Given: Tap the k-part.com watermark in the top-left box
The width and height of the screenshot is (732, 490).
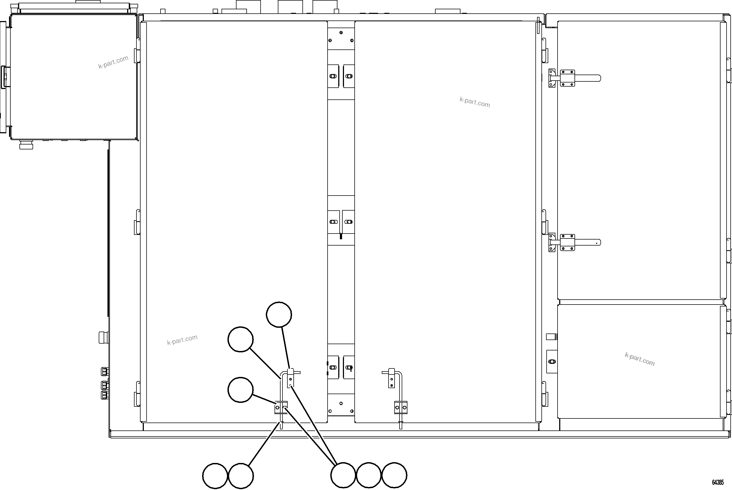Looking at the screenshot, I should click(x=113, y=62).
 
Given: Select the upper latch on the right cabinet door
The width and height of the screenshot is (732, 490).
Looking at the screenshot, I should click(x=575, y=78).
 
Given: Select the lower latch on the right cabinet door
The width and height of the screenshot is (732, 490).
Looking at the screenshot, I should click(x=575, y=242).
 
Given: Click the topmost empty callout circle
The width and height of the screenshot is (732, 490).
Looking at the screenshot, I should click(x=279, y=314).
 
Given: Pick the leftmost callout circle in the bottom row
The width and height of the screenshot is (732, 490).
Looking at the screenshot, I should click(x=215, y=476).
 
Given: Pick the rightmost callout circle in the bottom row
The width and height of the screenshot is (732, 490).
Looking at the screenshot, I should click(x=394, y=475).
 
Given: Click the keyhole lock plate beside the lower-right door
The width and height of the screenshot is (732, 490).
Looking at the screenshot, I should click(x=552, y=362).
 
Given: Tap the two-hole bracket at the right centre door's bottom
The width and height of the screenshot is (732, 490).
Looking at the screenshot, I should click(x=401, y=408).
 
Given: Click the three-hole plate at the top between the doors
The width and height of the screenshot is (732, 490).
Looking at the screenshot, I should click(x=341, y=39).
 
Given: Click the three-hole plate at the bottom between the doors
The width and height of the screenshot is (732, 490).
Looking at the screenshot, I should click(x=341, y=405).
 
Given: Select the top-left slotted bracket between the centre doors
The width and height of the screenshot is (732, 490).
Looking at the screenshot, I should click(x=334, y=76).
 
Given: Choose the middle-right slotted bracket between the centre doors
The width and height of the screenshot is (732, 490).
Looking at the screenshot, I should click(x=348, y=222).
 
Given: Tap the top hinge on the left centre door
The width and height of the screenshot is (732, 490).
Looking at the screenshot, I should click(x=137, y=51).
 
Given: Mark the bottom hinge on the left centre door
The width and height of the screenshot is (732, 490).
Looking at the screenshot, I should click(x=137, y=394).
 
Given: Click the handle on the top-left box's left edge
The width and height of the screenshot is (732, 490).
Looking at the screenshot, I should click(x=4, y=76).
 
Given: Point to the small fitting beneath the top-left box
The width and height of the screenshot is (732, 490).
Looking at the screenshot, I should click(x=26, y=145).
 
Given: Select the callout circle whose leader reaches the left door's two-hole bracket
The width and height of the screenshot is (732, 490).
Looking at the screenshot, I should click(x=240, y=390).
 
